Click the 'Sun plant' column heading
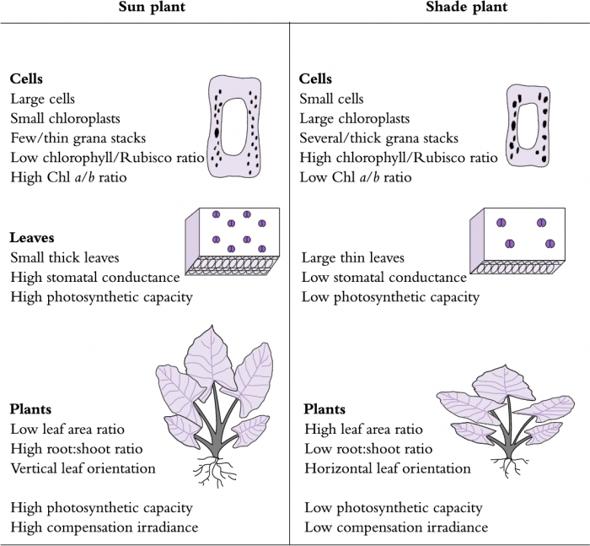[x=145, y=8]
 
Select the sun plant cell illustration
[x=236, y=127]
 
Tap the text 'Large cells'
[x=42, y=99]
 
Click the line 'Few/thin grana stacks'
[x=78, y=138]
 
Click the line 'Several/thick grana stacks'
[x=379, y=138]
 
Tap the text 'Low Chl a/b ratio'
[x=356, y=177]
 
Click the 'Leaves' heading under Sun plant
[x=32, y=238]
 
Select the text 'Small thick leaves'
[x=65, y=257]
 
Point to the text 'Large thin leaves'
[x=353, y=257]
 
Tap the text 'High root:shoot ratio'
[x=77, y=449]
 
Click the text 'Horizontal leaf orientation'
[x=386, y=468]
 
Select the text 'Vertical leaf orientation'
[x=83, y=468]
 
